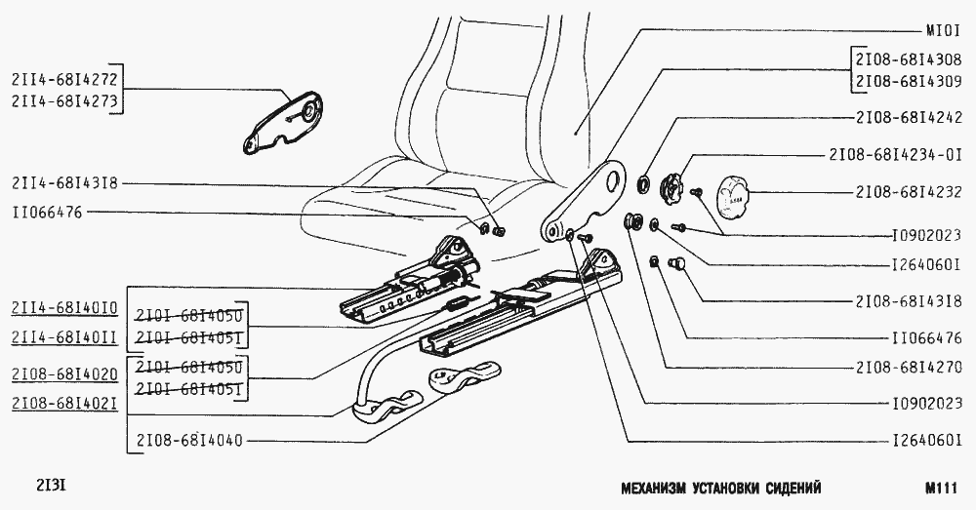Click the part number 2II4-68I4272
(x=64, y=79)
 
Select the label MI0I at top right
(x=943, y=30)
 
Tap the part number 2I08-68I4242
(x=909, y=118)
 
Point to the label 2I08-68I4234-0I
(x=895, y=154)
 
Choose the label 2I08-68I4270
(x=909, y=368)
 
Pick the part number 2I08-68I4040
(x=189, y=441)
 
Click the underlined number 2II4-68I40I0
(x=64, y=308)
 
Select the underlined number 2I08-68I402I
(x=64, y=403)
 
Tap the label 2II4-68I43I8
(x=64, y=183)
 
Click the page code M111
(x=941, y=488)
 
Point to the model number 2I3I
(x=51, y=484)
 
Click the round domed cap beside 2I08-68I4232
(x=733, y=197)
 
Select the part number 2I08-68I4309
(x=909, y=82)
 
